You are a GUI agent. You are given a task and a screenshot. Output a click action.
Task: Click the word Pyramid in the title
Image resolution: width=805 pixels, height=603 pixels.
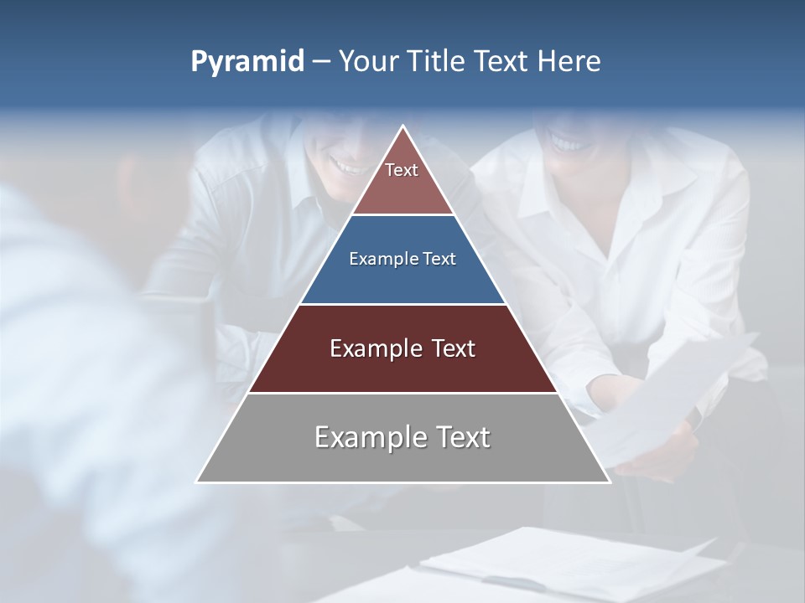tap(247, 62)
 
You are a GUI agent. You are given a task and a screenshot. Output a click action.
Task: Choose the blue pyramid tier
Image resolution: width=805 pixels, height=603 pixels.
tap(402, 260)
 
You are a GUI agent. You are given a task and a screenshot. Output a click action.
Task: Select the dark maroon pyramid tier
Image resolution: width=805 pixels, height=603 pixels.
tap(402, 348)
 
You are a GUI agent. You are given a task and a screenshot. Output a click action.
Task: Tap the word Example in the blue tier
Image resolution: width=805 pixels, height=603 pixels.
tap(376, 260)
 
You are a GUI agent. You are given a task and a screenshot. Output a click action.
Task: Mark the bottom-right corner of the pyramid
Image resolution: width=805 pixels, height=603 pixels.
tap(609, 482)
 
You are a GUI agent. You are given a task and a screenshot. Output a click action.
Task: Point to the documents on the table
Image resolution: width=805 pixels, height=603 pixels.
tap(570, 561)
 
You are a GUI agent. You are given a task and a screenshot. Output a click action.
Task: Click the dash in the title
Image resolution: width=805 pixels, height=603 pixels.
tap(321, 62)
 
